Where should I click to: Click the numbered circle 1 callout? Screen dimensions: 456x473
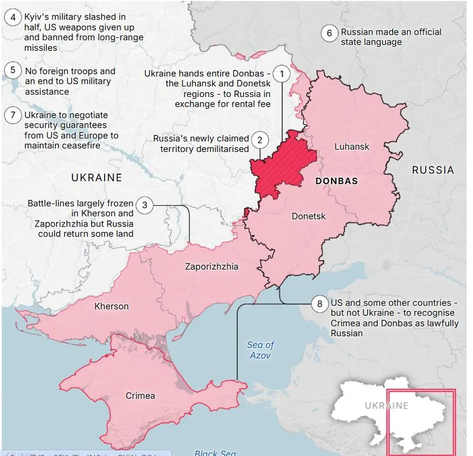[x=283, y=74]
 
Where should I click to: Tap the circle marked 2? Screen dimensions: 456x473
[x=259, y=140]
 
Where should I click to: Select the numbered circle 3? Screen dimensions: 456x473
[x=144, y=205]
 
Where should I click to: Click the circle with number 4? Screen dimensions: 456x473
[x=12, y=17]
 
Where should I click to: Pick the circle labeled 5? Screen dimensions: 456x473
[x=12, y=70]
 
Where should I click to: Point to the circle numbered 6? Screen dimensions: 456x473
[x=329, y=33]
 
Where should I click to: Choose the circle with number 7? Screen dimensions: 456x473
[x=12, y=115]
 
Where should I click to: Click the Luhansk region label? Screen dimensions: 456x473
[x=351, y=147]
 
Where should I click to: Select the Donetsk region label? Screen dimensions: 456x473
[x=309, y=216]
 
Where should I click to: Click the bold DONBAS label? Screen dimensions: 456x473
[x=337, y=181]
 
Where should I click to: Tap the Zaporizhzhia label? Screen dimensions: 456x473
[x=212, y=267]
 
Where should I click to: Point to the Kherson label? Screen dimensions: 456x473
[x=111, y=306]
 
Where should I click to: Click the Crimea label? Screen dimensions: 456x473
[x=140, y=396]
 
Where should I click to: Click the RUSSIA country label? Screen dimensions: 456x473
[x=433, y=170]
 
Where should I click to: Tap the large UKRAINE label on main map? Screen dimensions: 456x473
[x=96, y=177]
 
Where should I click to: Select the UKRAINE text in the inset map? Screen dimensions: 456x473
[x=386, y=406]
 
